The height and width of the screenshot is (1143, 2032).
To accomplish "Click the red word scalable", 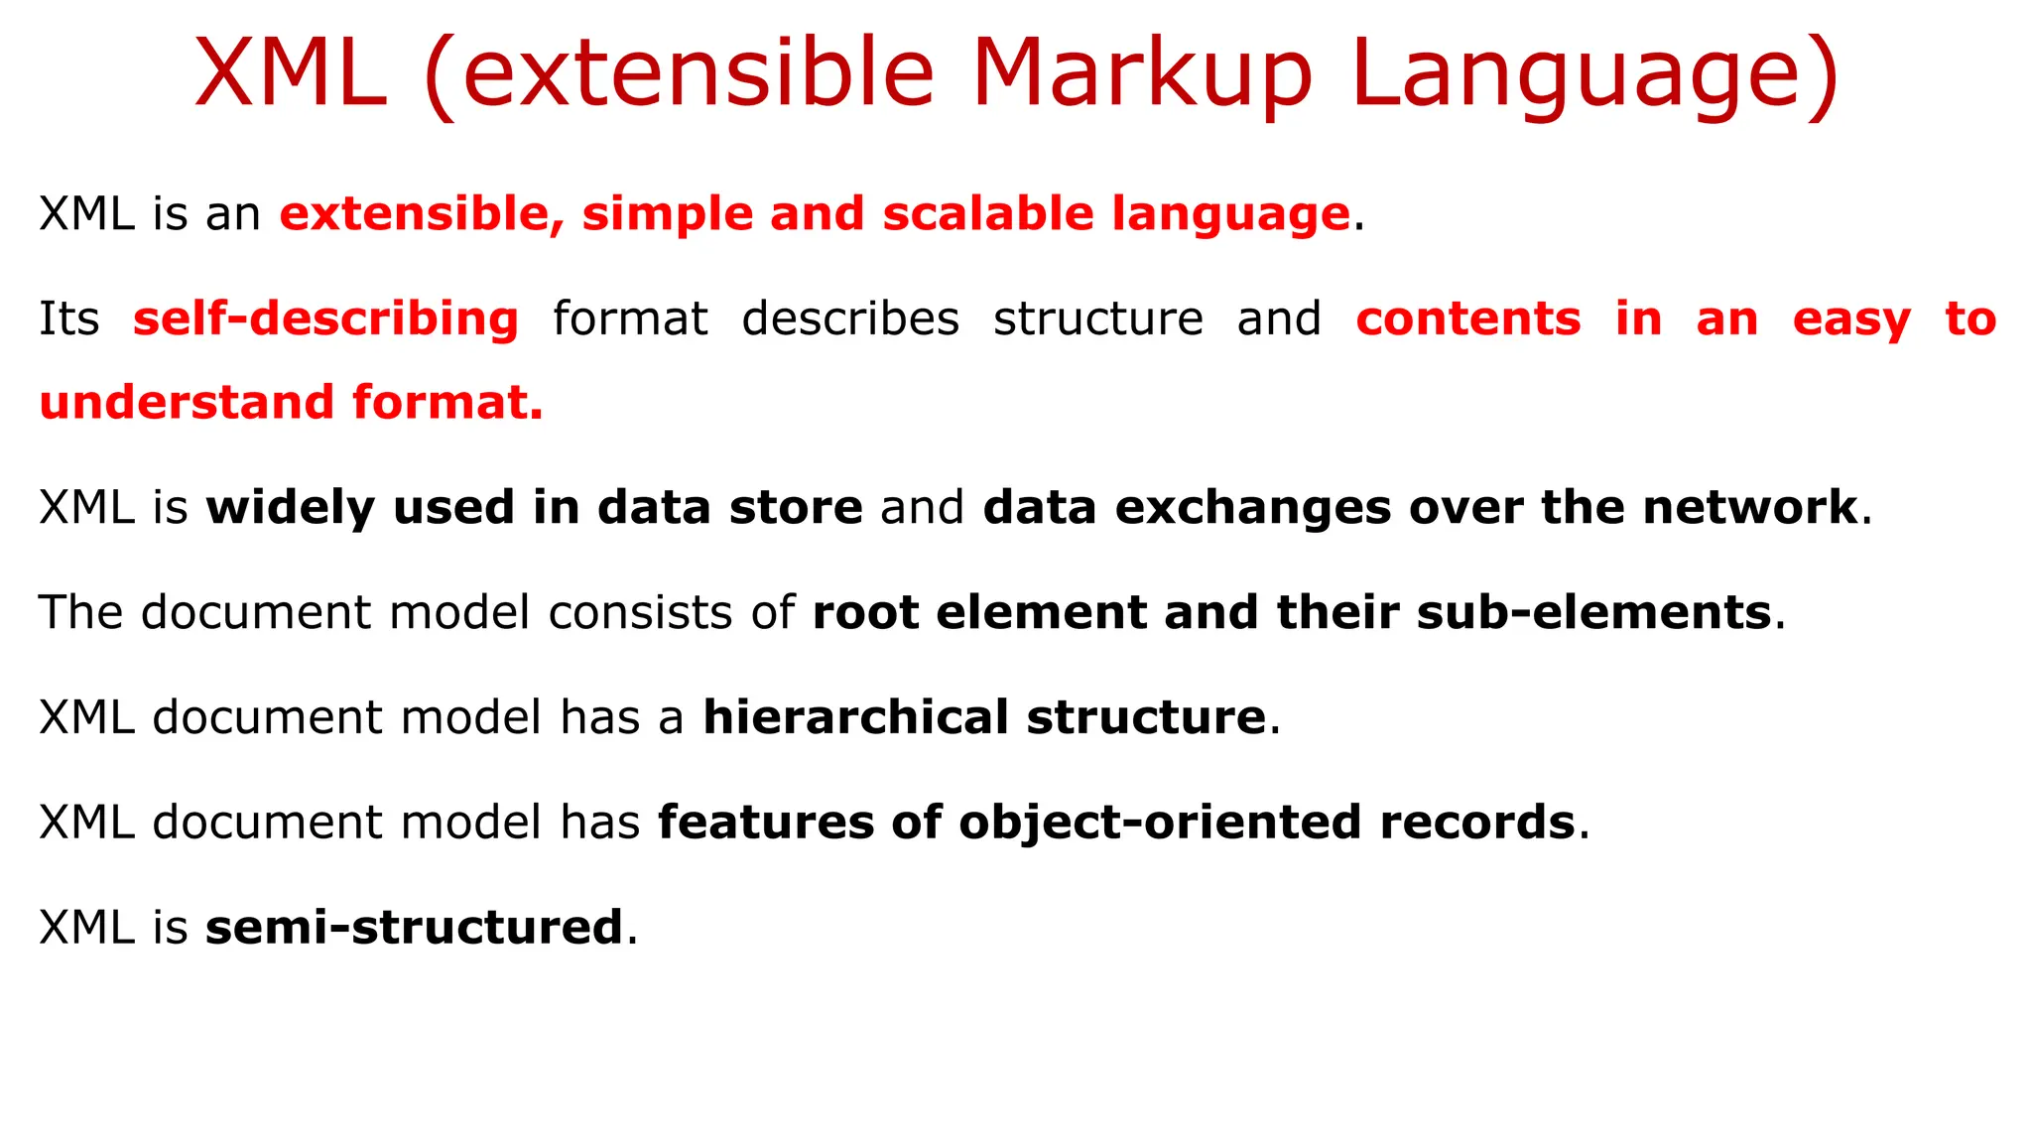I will [987, 214].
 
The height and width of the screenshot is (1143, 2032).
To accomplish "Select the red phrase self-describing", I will [325, 319].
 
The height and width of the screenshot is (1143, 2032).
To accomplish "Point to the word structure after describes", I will [1098, 319].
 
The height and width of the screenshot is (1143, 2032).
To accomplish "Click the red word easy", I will [1851, 319].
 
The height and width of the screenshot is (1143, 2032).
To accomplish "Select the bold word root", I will [865, 612].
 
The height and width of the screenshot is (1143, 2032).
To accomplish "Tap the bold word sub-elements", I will [1593, 612].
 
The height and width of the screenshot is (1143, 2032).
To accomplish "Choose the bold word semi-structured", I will [414, 928].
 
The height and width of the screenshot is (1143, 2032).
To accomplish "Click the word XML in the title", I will [291, 74].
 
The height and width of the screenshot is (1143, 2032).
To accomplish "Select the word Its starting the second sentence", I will [69, 319].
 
